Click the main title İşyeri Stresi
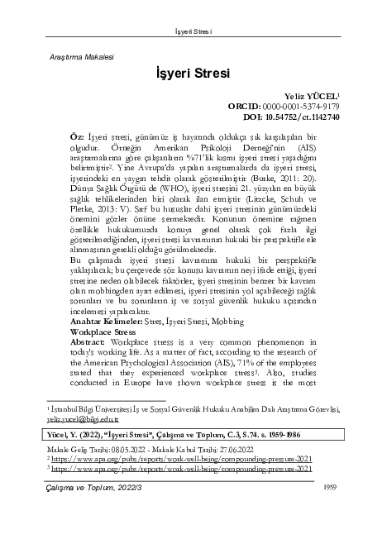click(x=193, y=73)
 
